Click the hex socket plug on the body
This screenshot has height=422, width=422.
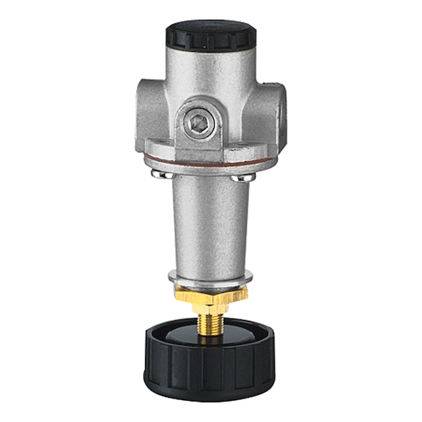tap(197, 122)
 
